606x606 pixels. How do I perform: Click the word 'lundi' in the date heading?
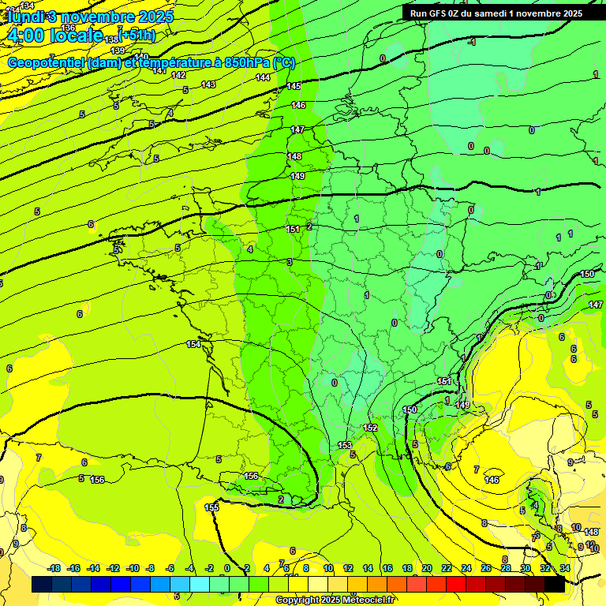click(25, 16)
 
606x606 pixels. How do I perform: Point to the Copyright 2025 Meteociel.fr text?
click(336, 600)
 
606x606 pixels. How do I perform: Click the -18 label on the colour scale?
click(54, 568)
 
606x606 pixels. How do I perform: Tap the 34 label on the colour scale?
click(565, 568)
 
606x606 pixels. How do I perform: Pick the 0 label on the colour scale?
click(226, 568)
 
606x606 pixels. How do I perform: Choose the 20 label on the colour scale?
click(426, 568)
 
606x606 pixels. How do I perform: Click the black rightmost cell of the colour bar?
click(554, 585)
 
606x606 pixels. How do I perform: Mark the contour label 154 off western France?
click(193, 345)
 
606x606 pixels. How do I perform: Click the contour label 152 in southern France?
click(370, 428)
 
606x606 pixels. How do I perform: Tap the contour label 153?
click(346, 446)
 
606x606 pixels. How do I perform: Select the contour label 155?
click(211, 507)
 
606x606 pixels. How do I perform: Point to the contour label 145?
click(294, 86)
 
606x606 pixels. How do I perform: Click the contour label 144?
click(263, 77)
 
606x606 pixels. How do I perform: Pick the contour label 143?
click(208, 84)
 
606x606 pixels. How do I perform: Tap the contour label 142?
click(179, 75)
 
